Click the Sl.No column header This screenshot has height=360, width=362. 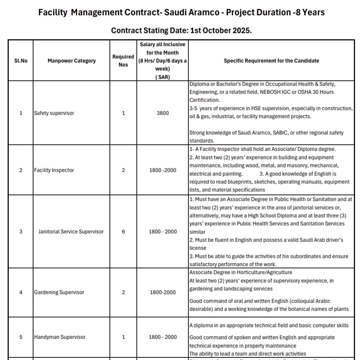21,61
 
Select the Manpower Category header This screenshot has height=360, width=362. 72,61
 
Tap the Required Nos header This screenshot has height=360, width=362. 123,61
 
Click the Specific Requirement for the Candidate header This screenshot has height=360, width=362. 271,61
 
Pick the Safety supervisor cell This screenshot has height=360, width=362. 54,113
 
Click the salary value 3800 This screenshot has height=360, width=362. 162,113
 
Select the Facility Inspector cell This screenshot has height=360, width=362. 54,170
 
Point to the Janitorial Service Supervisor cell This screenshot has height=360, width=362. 71,231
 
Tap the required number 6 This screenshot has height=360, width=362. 123,231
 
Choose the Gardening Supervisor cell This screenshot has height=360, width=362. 59,292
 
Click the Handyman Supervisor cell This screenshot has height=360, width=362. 60,337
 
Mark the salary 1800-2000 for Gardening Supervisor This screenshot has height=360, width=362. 162,292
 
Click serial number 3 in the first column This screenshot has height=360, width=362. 21,231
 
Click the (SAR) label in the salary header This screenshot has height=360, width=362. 162,77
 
